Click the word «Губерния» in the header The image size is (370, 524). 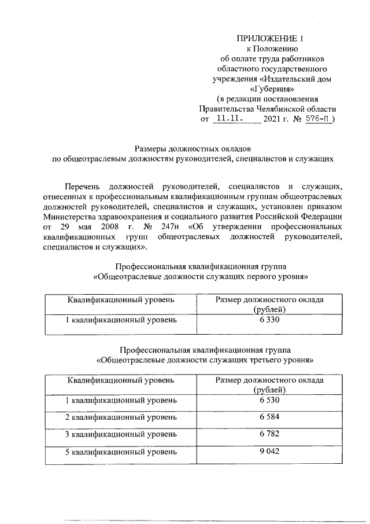269,89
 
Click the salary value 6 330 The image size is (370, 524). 269,320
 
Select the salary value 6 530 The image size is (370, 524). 269,400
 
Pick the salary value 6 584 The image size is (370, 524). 269,417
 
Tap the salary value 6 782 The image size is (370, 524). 269,434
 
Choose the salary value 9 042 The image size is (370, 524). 269,450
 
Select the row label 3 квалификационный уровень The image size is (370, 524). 120,434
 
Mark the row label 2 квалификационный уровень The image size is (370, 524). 120,417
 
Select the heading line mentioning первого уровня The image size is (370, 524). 201,277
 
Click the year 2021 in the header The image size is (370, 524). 273,119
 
